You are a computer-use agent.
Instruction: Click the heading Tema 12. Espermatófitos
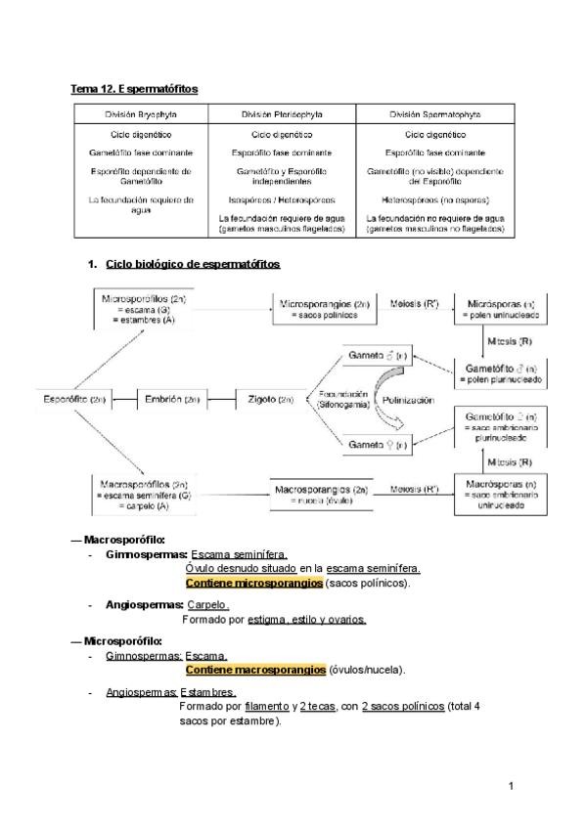pos(134,89)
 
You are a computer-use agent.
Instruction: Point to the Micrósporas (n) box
pos(501,309)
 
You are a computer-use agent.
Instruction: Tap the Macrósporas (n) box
pos(501,493)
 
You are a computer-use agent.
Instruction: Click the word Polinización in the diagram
pos(409,401)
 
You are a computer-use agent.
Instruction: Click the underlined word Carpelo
pos(207,605)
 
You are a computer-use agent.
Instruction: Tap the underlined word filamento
pos(267,706)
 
